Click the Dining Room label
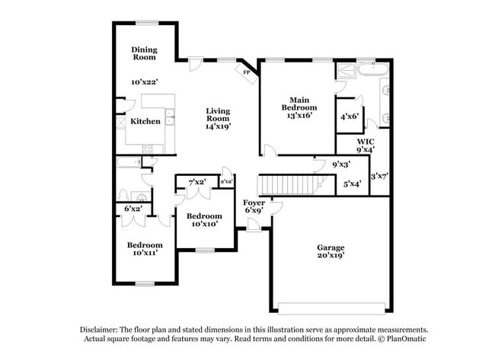(143, 54)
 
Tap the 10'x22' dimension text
(143, 81)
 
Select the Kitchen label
(145, 121)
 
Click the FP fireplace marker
(246, 73)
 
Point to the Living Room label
(218, 115)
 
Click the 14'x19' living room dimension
(218, 127)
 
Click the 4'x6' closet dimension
(350, 116)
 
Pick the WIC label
(366, 141)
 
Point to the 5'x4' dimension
(352, 183)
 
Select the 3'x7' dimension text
(378, 177)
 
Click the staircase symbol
(288, 184)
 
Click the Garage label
(331, 247)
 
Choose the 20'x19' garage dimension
(331, 256)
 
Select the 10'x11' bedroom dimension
(145, 253)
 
